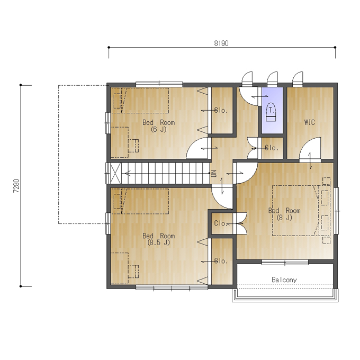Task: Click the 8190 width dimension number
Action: click(221, 43)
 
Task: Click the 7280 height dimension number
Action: click(16, 186)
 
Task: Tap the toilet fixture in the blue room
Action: click(271, 112)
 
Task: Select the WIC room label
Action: click(309, 122)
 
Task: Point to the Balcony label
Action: click(284, 280)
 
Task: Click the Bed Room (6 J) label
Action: click(158, 126)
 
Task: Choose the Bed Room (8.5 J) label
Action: click(158, 239)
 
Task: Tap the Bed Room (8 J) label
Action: click(284, 214)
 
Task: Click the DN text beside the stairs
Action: click(214, 173)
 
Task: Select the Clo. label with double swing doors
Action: click(221, 223)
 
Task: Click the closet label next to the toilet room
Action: click(272, 148)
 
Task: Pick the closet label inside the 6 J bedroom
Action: click(221, 110)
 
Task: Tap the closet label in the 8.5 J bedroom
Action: click(221, 261)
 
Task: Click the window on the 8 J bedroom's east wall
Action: click(336, 211)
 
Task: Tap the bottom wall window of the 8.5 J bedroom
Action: click(172, 287)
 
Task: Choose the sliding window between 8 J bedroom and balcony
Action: click(285, 262)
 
